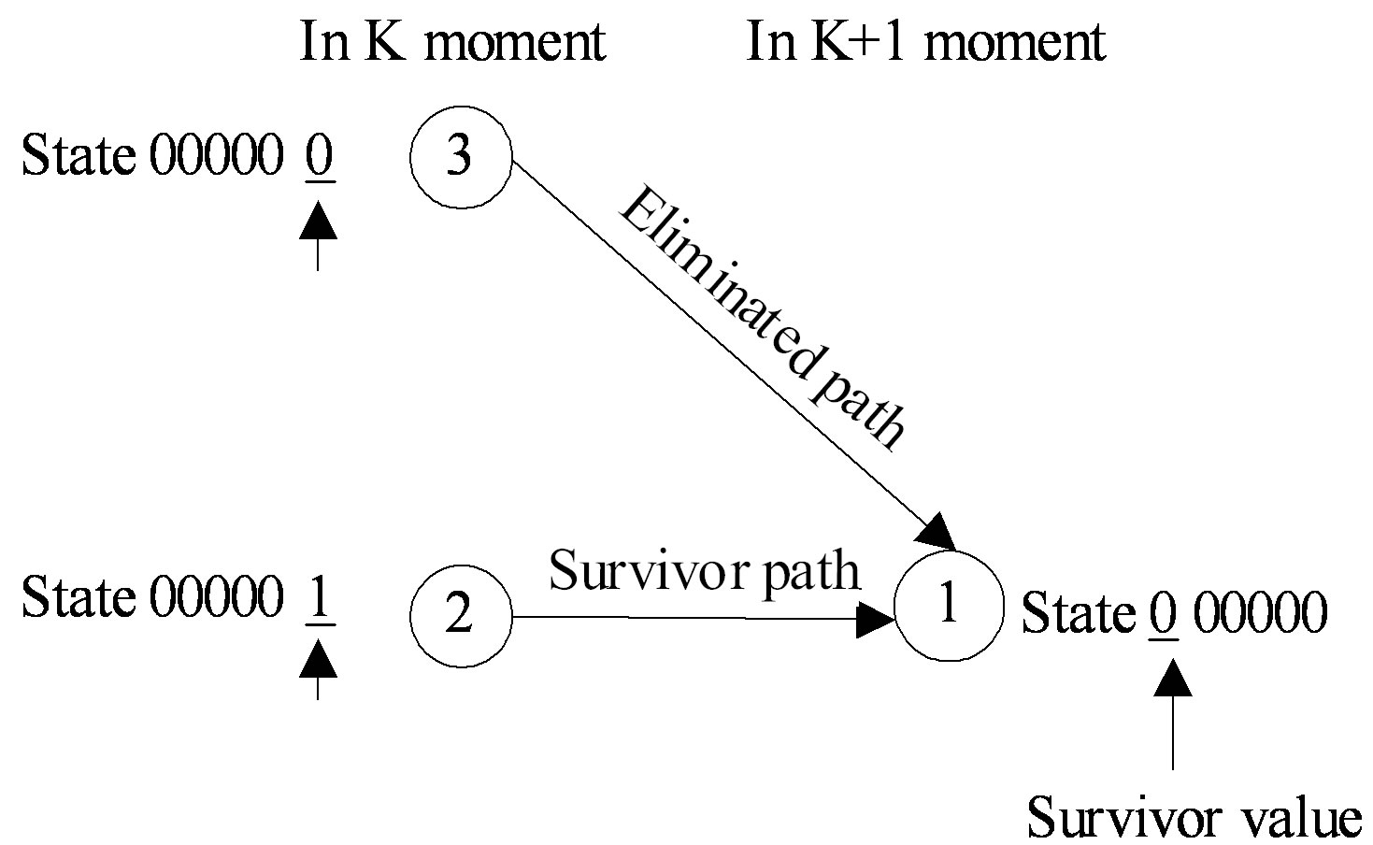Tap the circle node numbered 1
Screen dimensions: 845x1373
pyautogui.click(x=948, y=606)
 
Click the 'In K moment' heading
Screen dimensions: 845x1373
pyautogui.click(x=452, y=42)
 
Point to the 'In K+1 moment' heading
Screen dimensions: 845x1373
pyautogui.click(x=925, y=42)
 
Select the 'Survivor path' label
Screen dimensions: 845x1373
pyautogui.click(x=704, y=569)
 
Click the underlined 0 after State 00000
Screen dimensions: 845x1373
pyautogui.click(x=319, y=156)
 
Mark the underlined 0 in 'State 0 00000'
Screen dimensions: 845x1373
pyautogui.click(x=1164, y=614)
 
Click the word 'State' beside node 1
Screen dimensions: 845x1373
pyautogui.click(x=1078, y=614)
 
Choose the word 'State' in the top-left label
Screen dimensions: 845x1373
pyautogui.click(x=78, y=156)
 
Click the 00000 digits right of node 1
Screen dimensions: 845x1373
pyautogui.click(x=1260, y=614)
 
